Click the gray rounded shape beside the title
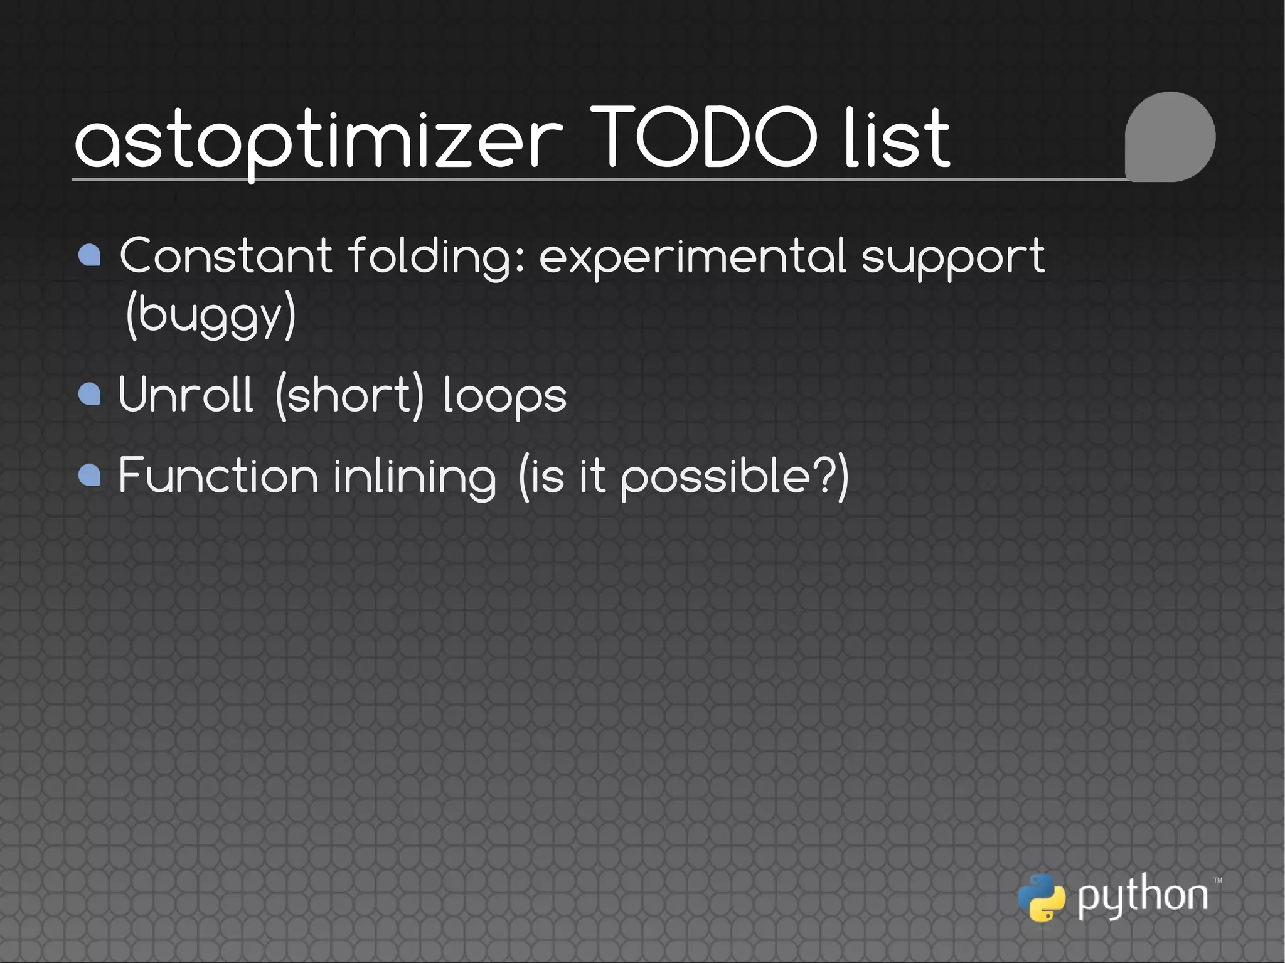pyautogui.click(x=1170, y=137)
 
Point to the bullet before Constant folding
pyautogui.click(x=90, y=255)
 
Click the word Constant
pyautogui.click(x=225, y=255)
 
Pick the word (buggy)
pyautogui.click(x=210, y=315)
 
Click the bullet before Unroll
pyautogui.click(x=90, y=394)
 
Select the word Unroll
pyautogui.click(x=186, y=394)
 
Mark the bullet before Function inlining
pyautogui.click(x=90, y=475)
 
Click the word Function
pyautogui.click(x=218, y=475)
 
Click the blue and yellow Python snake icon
pyautogui.click(x=1041, y=898)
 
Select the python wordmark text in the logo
pyautogui.click(x=1143, y=896)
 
